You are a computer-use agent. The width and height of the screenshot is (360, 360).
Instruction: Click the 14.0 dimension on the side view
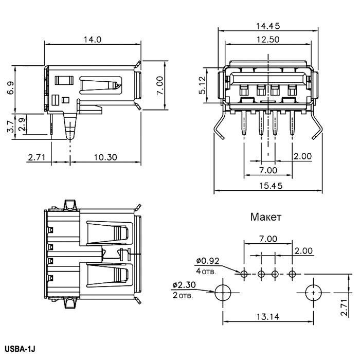pyautogui.click(x=94, y=39)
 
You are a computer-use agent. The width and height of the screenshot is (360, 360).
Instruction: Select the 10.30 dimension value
pyautogui.click(x=104, y=157)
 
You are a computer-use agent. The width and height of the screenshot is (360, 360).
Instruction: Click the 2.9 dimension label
pyautogui.click(x=22, y=124)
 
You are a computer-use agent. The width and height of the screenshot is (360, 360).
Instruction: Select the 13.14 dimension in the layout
pyautogui.click(x=267, y=317)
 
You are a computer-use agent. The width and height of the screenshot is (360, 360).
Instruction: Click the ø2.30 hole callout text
pyautogui.click(x=184, y=284)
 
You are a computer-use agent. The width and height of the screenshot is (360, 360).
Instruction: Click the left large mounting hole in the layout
pyautogui.click(x=222, y=292)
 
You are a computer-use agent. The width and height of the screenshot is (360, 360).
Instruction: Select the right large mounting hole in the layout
pyautogui.click(x=313, y=292)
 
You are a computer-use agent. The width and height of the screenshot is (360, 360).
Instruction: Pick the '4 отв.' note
pyautogui.click(x=206, y=271)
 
